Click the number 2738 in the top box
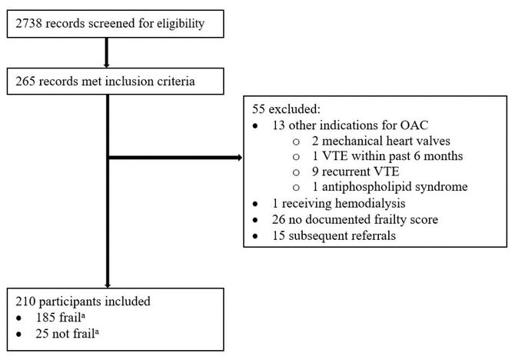click(28, 23)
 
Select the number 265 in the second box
click(25, 82)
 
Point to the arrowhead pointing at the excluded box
click(239, 158)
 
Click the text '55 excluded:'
click(286, 109)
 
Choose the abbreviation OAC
click(414, 125)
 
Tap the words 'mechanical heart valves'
click(386, 141)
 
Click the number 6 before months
click(417, 156)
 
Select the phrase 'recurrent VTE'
click(360, 172)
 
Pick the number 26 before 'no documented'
click(278, 219)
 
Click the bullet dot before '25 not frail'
click(19, 335)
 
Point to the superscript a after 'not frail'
click(97, 332)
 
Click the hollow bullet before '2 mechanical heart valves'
click(296, 142)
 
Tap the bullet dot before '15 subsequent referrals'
click(255, 236)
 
